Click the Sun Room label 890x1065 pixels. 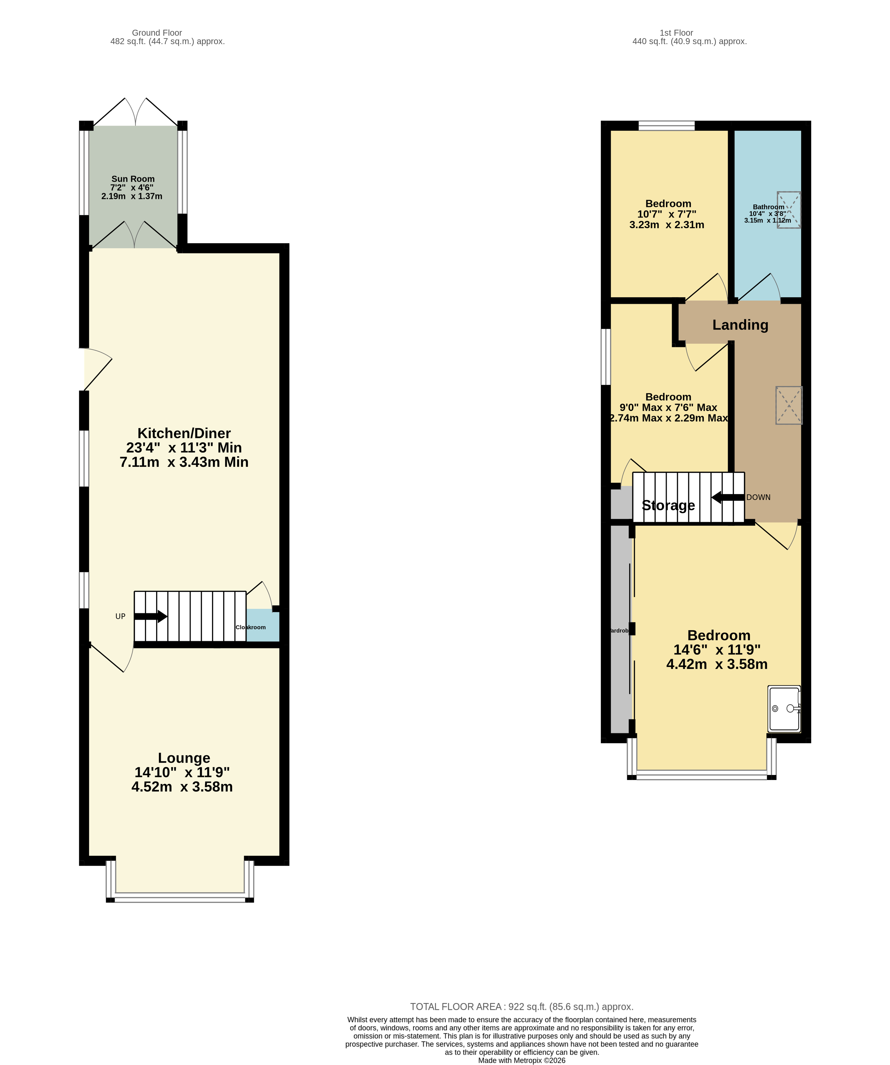[x=133, y=179]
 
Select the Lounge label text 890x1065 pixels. [x=184, y=758]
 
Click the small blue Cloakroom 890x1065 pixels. [x=263, y=626]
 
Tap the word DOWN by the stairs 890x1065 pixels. [x=758, y=497]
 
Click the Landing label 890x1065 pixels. [x=740, y=325]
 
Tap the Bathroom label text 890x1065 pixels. [x=768, y=207]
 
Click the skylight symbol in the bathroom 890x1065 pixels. [x=789, y=209]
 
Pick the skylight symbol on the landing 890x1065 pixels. [x=789, y=405]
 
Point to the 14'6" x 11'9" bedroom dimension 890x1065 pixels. [x=717, y=650]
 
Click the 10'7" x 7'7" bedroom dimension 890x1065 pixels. [x=667, y=214]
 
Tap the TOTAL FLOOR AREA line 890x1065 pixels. [x=522, y=1007]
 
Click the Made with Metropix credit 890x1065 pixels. [x=522, y=1060]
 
